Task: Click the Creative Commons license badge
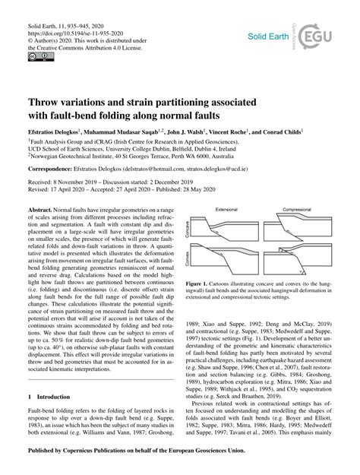(x=36, y=56)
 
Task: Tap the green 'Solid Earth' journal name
(x=265, y=36)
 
